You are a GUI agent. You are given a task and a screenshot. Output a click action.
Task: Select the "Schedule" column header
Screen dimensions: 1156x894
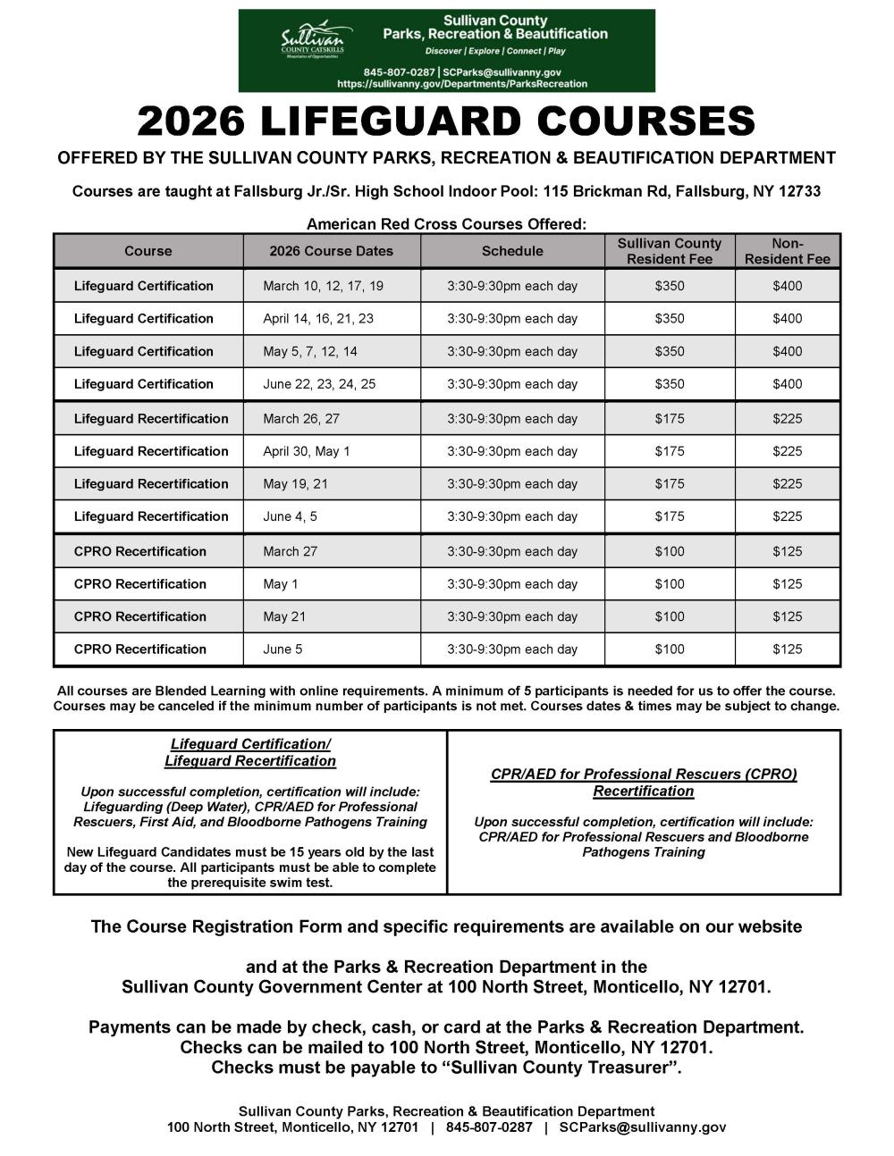coord(512,251)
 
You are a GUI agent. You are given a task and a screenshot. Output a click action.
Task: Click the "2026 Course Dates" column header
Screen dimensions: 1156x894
coord(331,251)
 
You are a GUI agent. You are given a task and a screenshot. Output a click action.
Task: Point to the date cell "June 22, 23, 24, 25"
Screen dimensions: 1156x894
coord(319,384)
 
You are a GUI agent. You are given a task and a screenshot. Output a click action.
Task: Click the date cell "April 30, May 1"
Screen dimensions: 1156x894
coord(307,451)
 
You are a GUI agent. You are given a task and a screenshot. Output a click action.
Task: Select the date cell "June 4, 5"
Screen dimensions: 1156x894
coord(290,516)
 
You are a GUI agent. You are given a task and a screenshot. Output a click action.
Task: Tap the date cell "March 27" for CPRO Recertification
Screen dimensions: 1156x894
coord(290,551)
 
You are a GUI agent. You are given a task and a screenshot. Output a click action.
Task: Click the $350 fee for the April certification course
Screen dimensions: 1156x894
coord(670,318)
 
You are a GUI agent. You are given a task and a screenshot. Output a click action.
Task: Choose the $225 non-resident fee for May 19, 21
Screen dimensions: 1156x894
coord(788,483)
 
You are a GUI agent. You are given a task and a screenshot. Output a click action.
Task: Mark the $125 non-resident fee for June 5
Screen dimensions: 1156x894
coord(788,649)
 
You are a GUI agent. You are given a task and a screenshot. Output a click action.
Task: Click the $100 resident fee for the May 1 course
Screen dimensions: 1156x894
coord(670,584)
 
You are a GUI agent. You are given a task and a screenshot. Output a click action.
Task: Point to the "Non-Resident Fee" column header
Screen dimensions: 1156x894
coord(788,251)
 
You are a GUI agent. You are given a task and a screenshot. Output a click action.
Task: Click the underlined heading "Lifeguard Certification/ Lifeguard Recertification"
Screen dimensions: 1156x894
coord(250,752)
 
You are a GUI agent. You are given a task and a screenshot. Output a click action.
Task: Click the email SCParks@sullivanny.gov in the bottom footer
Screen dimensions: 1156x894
coord(642,1127)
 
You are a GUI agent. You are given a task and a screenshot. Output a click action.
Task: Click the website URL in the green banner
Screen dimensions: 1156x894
coord(462,83)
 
